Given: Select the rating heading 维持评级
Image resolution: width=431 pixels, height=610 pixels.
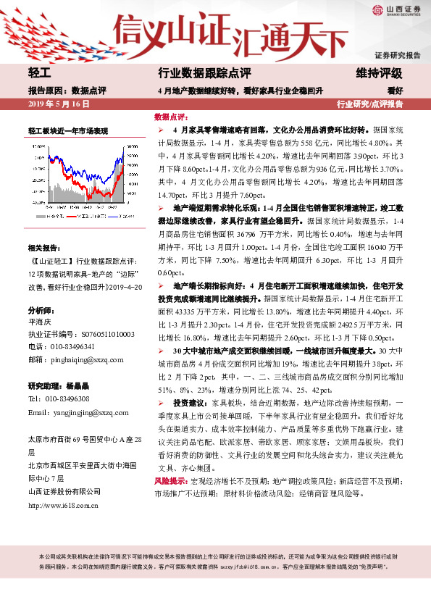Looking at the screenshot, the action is (380, 74).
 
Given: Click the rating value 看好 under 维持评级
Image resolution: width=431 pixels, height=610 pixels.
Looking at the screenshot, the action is (395, 91).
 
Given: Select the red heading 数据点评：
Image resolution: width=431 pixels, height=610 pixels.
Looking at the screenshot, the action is (172, 117).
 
